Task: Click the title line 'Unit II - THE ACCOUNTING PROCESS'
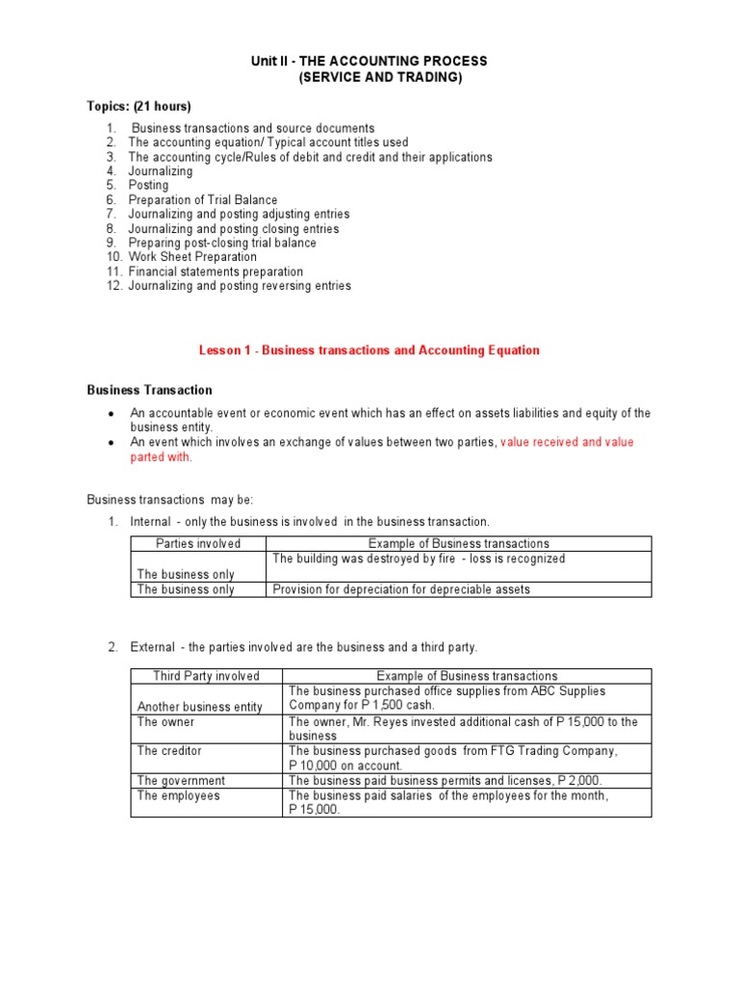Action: click(x=369, y=62)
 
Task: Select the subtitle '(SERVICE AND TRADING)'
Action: click(x=378, y=77)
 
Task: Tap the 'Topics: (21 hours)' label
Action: click(x=139, y=106)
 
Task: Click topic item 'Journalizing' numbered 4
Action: click(x=161, y=171)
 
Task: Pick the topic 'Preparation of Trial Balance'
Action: click(x=203, y=199)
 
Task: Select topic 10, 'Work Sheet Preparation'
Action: click(x=192, y=257)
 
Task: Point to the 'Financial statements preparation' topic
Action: click(x=216, y=272)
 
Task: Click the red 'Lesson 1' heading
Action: click(x=369, y=350)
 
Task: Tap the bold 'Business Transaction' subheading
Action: click(x=150, y=390)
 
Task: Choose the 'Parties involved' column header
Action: click(x=198, y=544)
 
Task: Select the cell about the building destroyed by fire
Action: click(x=419, y=558)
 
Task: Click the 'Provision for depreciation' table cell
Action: click(x=401, y=589)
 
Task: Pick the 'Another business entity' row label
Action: click(x=200, y=707)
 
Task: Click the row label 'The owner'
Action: click(x=166, y=722)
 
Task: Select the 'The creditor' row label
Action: click(x=169, y=751)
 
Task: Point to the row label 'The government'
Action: click(x=181, y=781)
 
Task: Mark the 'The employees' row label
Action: click(x=178, y=796)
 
